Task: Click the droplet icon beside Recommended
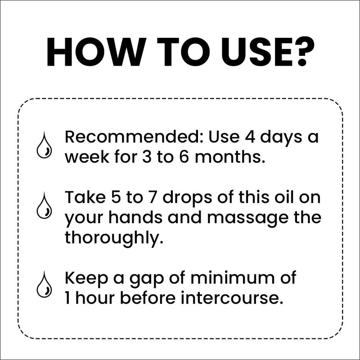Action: (x=44, y=145)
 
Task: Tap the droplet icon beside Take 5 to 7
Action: (x=44, y=206)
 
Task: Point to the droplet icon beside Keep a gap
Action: (x=44, y=284)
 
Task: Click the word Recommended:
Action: (x=134, y=137)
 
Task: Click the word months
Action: (x=229, y=157)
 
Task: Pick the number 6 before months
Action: (x=184, y=157)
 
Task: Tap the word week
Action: (x=87, y=157)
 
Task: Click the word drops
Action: (x=187, y=198)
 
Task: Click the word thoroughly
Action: (x=114, y=238)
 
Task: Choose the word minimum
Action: (x=232, y=278)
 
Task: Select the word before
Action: (x=148, y=298)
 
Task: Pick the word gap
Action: (x=147, y=279)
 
